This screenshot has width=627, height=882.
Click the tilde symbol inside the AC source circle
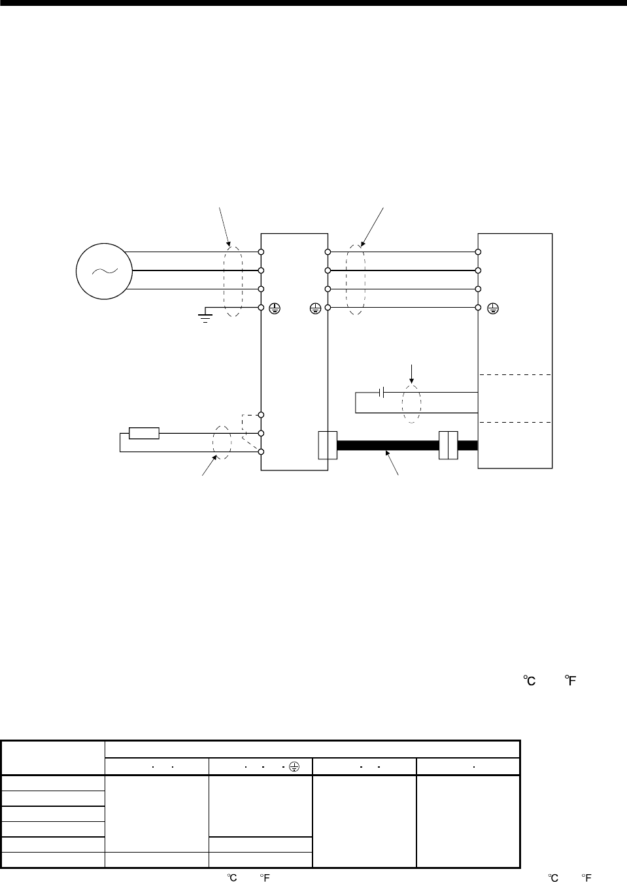click(x=105, y=271)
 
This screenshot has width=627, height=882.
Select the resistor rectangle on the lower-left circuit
click(x=144, y=433)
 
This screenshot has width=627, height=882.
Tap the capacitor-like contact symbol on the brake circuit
click(x=381, y=392)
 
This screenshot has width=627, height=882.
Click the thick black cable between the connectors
click(x=388, y=446)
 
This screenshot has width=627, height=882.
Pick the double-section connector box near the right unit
click(x=449, y=446)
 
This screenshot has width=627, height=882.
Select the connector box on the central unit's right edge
click(x=328, y=446)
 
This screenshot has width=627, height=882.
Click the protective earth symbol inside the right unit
click(x=493, y=308)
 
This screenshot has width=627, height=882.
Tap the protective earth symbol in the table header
click(x=294, y=766)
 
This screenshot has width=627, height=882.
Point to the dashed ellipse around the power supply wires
click(x=224, y=282)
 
